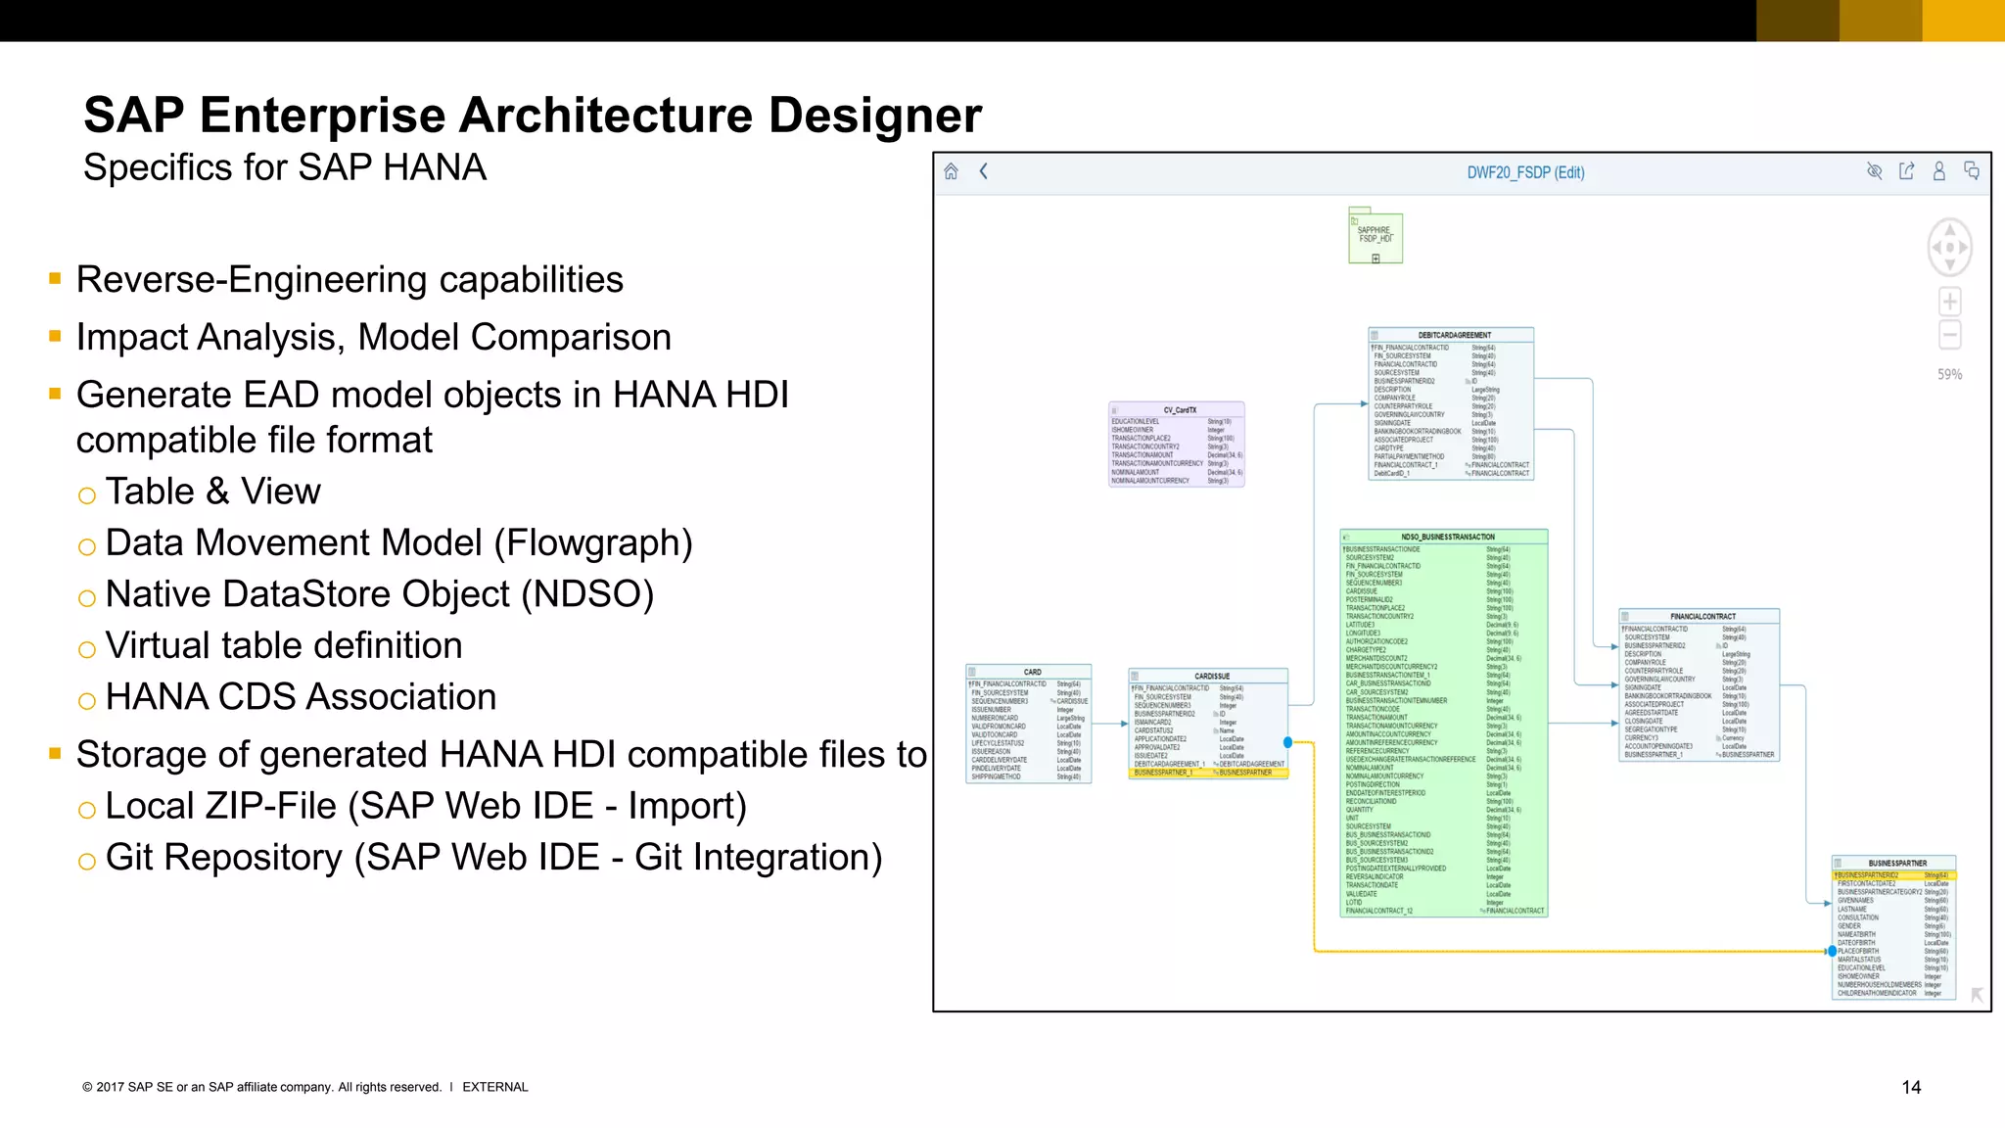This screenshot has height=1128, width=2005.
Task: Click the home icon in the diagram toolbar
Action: (x=951, y=172)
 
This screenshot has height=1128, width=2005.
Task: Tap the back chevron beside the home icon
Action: (x=984, y=172)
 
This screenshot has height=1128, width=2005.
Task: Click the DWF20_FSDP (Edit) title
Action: (x=1525, y=173)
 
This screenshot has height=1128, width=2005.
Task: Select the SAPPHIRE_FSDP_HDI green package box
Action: (x=1376, y=236)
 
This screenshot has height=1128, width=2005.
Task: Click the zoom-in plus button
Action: (x=1949, y=302)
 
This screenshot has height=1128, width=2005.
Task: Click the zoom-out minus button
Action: (x=1949, y=335)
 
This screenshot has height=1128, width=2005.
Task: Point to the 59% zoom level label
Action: (x=1949, y=374)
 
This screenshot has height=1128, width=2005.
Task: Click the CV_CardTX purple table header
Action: (x=1179, y=410)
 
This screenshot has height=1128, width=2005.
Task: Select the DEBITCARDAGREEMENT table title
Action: (x=1454, y=335)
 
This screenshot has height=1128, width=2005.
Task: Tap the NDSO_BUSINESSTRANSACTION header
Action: (x=1447, y=537)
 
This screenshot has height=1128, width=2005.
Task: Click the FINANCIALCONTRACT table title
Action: (x=1702, y=616)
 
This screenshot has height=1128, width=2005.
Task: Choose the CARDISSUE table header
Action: (x=1211, y=676)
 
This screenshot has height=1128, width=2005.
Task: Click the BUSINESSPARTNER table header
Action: (x=1896, y=863)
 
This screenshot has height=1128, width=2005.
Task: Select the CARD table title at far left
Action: (x=1032, y=672)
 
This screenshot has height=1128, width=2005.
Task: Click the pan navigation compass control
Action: (x=1949, y=247)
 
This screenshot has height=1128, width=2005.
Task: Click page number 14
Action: (x=1910, y=1087)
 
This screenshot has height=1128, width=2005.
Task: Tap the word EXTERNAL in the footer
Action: (x=494, y=1087)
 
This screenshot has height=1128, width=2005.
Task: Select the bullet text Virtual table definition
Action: (x=284, y=646)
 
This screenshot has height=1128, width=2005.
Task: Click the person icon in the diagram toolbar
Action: (x=1938, y=172)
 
